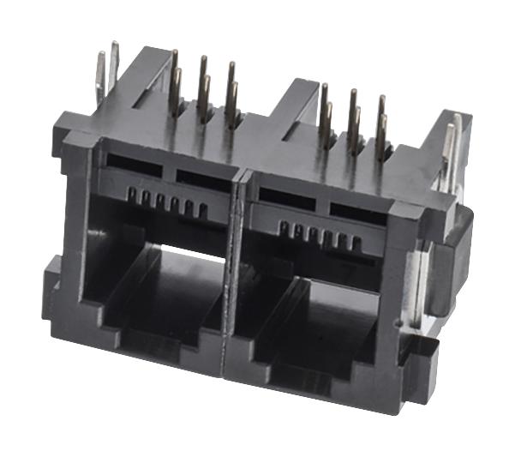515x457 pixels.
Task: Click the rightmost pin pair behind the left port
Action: tap(232, 95)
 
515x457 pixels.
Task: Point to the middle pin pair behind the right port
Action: tap(353, 120)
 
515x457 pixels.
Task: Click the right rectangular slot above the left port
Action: tap(201, 176)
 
